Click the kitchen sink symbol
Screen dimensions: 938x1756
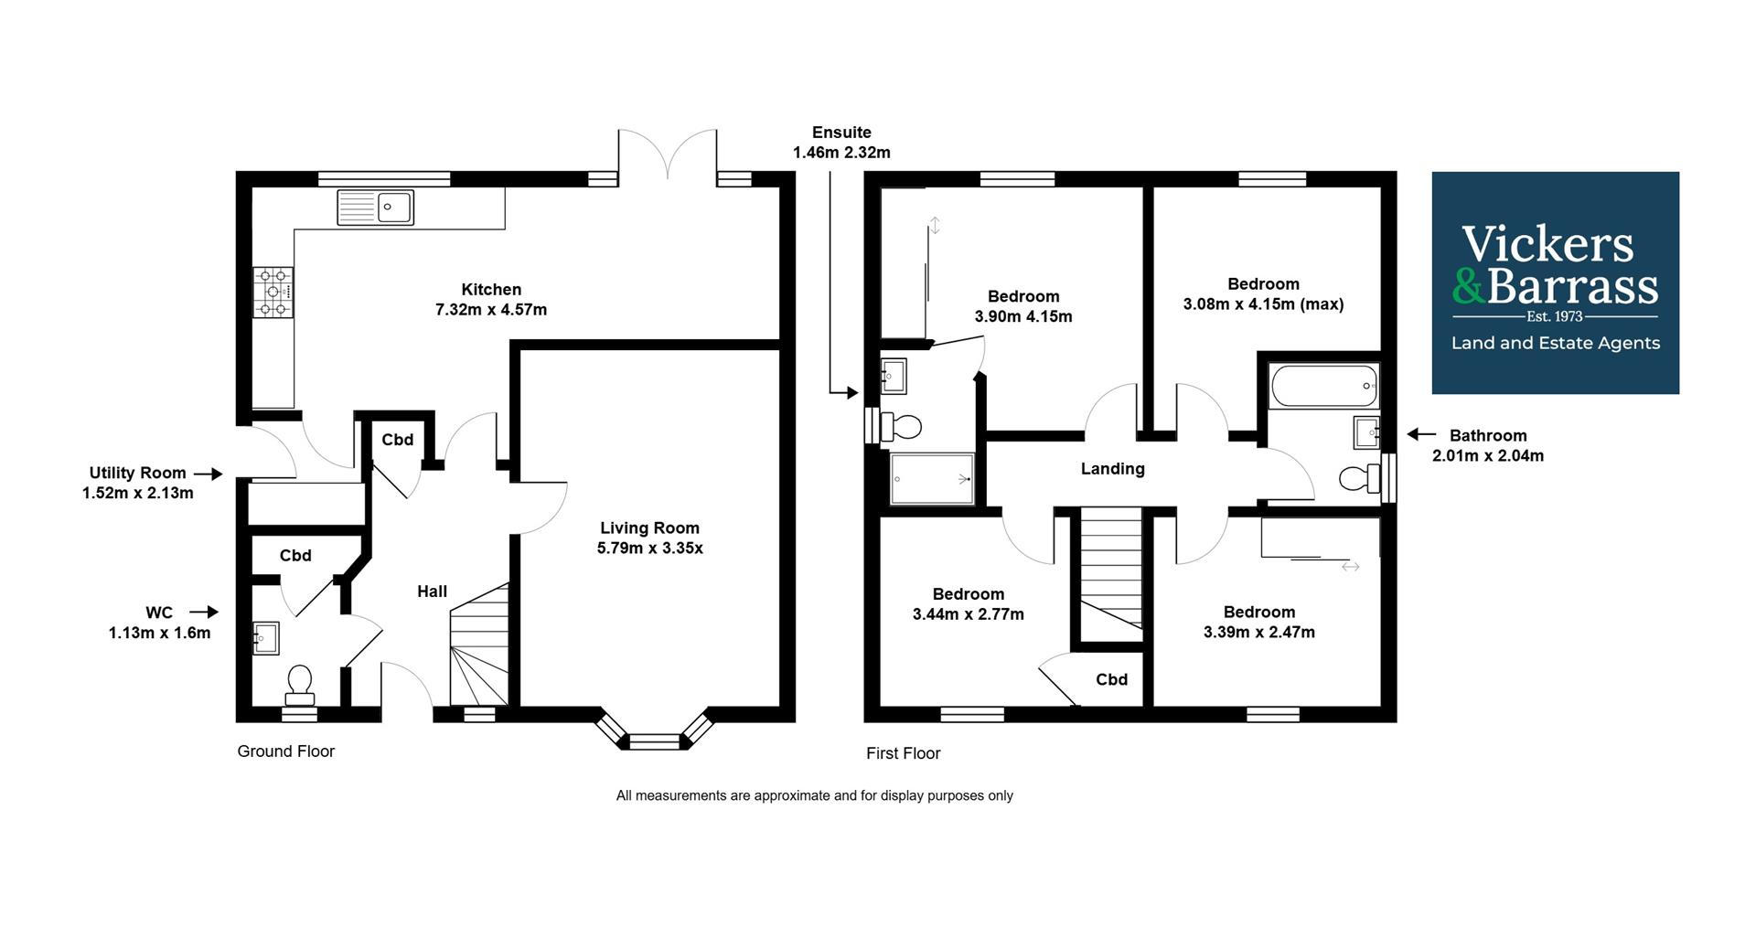pyautogui.click(x=375, y=207)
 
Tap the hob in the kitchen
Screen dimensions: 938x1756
pyautogui.click(x=273, y=293)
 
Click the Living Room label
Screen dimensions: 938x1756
pyautogui.click(x=649, y=528)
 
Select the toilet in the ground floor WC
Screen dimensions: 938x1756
pyautogui.click(x=299, y=684)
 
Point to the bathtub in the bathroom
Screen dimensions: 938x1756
pyautogui.click(x=1323, y=386)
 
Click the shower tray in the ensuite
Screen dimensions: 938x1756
pyautogui.click(x=931, y=478)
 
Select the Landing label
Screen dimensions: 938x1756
pyautogui.click(x=1112, y=469)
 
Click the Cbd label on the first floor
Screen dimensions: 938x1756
pyautogui.click(x=1111, y=679)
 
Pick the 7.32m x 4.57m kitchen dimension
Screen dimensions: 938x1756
pyautogui.click(x=491, y=310)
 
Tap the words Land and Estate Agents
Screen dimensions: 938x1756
pyautogui.click(x=1555, y=344)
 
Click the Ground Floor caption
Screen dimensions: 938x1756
pyautogui.click(x=285, y=751)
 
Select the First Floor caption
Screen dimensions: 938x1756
pyautogui.click(x=903, y=753)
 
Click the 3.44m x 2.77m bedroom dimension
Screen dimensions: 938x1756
pyautogui.click(x=968, y=614)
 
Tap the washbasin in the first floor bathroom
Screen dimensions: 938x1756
pyautogui.click(x=1365, y=432)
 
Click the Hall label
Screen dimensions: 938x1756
pyautogui.click(x=432, y=592)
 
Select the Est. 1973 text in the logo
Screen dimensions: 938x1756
pyautogui.click(x=1554, y=316)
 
